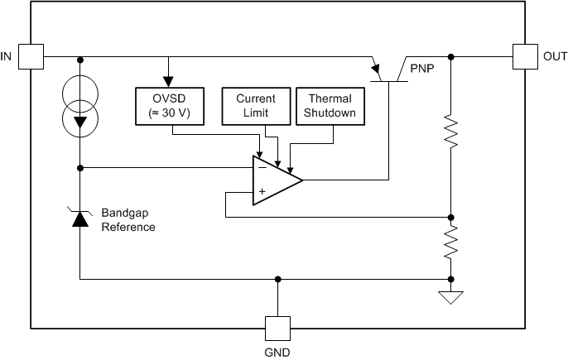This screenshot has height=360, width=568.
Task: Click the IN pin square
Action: [31, 56]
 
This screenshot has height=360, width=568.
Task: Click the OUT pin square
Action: [525, 56]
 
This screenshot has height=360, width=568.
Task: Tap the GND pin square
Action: [277, 327]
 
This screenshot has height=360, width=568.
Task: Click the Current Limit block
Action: [256, 105]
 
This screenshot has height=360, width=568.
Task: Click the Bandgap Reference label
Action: [128, 219]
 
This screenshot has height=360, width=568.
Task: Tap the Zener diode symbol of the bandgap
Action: [79, 218]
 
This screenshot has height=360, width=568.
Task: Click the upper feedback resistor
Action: [450, 130]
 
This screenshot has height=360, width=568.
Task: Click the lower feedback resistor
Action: [450, 243]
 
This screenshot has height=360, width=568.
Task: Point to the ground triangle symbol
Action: [450, 296]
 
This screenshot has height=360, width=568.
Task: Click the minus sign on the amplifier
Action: [262, 166]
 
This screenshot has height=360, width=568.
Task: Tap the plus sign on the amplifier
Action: [262, 191]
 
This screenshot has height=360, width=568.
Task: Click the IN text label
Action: [7, 56]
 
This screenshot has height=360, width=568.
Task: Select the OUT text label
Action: [555, 56]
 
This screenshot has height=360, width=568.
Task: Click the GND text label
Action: [277, 351]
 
